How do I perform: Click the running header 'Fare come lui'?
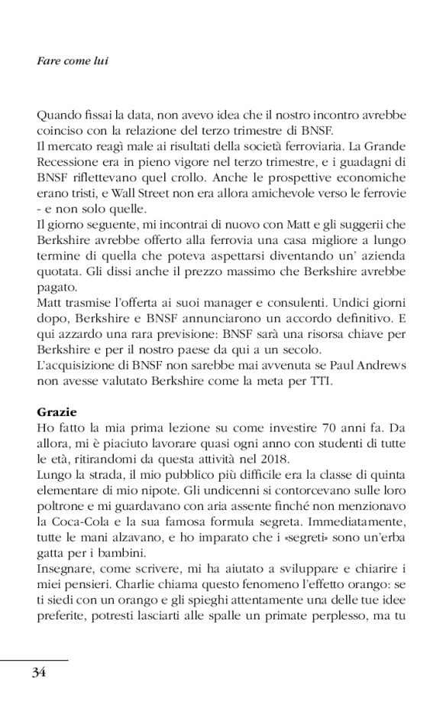pyautogui.click(x=72, y=59)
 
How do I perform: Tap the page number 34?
pyautogui.click(x=39, y=672)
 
